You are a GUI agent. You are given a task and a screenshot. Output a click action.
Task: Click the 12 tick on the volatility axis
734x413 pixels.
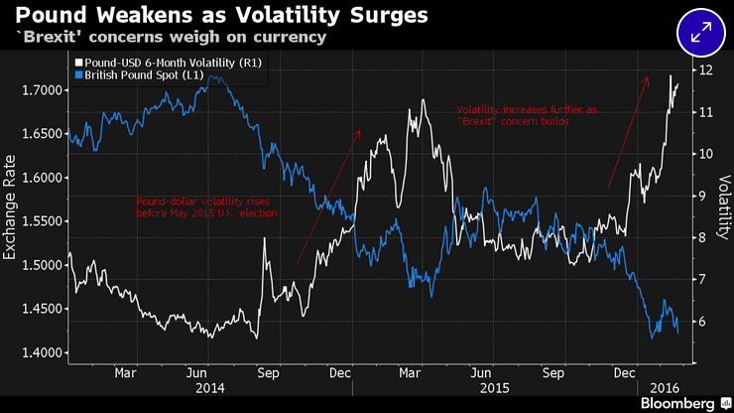pyautogui.click(x=705, y=71)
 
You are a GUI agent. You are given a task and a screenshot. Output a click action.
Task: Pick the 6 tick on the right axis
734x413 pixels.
pyautogui.click(x=702, y=322)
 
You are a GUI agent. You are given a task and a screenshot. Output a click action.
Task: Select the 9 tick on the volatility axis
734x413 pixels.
pyautogui.click(x=702, y=197)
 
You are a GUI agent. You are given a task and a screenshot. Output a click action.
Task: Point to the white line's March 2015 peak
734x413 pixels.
pyautogui.click(x=424, y=100)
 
